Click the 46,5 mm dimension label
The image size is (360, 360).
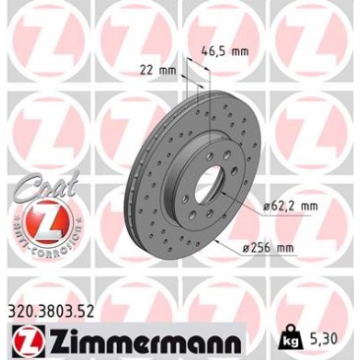(x=224, y=51)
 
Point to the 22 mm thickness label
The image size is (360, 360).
(x=158, y=70)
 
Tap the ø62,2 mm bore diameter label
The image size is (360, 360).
(x=286, y=207)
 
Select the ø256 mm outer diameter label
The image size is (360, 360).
(x=269, y=248)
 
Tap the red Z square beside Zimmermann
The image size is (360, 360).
(x=29, y=338)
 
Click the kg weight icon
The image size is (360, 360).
(x=289, y=336)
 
